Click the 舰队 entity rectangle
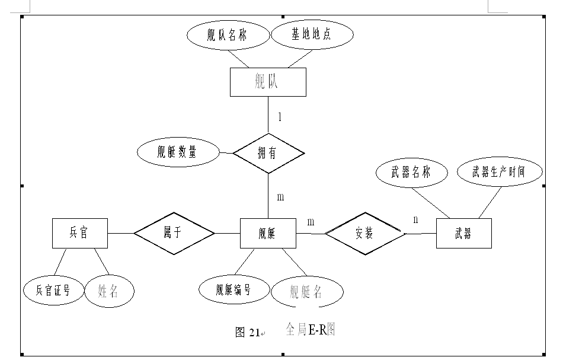(268, 82)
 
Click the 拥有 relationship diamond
(268, 153)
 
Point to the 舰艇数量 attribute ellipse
(177, 152)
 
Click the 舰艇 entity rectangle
(268, 233)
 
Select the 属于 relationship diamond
(174, 233)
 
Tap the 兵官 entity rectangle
(79, 233)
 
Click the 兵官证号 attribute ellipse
(53, 290)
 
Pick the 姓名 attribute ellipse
(109, 291)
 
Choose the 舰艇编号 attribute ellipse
(233, 289)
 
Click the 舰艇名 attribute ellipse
(307, 292)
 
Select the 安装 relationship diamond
(364, 234)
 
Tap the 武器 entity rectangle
(463, 234)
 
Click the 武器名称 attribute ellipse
(411, 173)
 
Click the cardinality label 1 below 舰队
(280, 117)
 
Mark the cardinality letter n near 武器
(415, 219)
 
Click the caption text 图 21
(248, 333)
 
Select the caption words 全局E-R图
(311, 329)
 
